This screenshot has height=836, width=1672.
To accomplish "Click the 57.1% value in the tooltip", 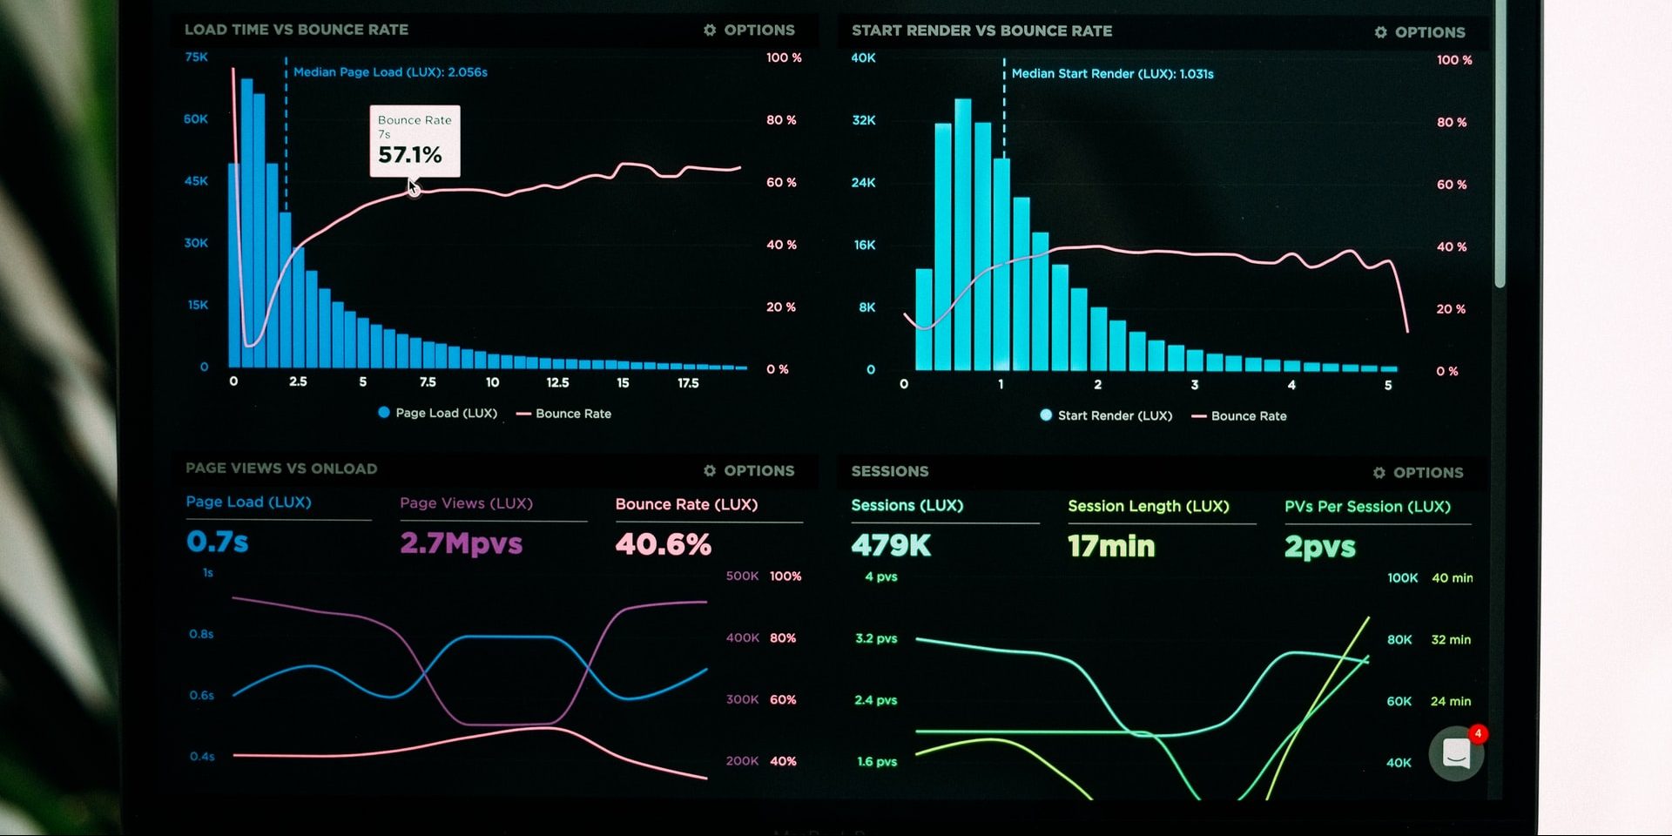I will click(409, 155).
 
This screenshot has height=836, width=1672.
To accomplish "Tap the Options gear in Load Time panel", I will click(710, 30).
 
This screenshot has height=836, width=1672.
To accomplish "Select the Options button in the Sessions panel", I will click(1419, 472).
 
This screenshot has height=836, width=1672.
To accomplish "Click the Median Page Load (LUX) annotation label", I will click(390, 72).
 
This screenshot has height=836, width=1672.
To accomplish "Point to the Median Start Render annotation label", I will click(1112, 74).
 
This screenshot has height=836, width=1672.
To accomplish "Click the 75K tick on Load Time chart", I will click(197, 57).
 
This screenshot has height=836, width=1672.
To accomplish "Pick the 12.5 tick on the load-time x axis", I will click(557, 382).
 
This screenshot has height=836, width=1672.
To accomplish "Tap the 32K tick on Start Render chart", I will click(863, 120).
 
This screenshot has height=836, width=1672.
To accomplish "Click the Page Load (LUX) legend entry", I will click(438, 413).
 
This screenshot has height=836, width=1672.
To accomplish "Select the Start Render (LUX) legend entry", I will click(1107, 415).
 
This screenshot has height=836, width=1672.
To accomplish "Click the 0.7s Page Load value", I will click(218, 542).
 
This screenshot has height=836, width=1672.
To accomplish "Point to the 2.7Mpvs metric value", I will click(461, 543).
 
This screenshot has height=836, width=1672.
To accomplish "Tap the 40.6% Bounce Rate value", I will click(663, 544).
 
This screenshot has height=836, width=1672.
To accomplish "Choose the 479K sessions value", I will click(891, 546).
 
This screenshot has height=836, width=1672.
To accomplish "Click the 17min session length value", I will click(1111, 546).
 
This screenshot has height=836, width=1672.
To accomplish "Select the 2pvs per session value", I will click(1319, 547).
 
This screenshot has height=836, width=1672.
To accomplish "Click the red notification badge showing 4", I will click(1478, 733).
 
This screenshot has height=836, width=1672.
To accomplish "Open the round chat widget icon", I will click(1455, 754).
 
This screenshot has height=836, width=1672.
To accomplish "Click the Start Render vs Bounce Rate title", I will click(981, 30).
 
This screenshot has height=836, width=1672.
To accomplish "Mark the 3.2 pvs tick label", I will click(876, 638).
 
